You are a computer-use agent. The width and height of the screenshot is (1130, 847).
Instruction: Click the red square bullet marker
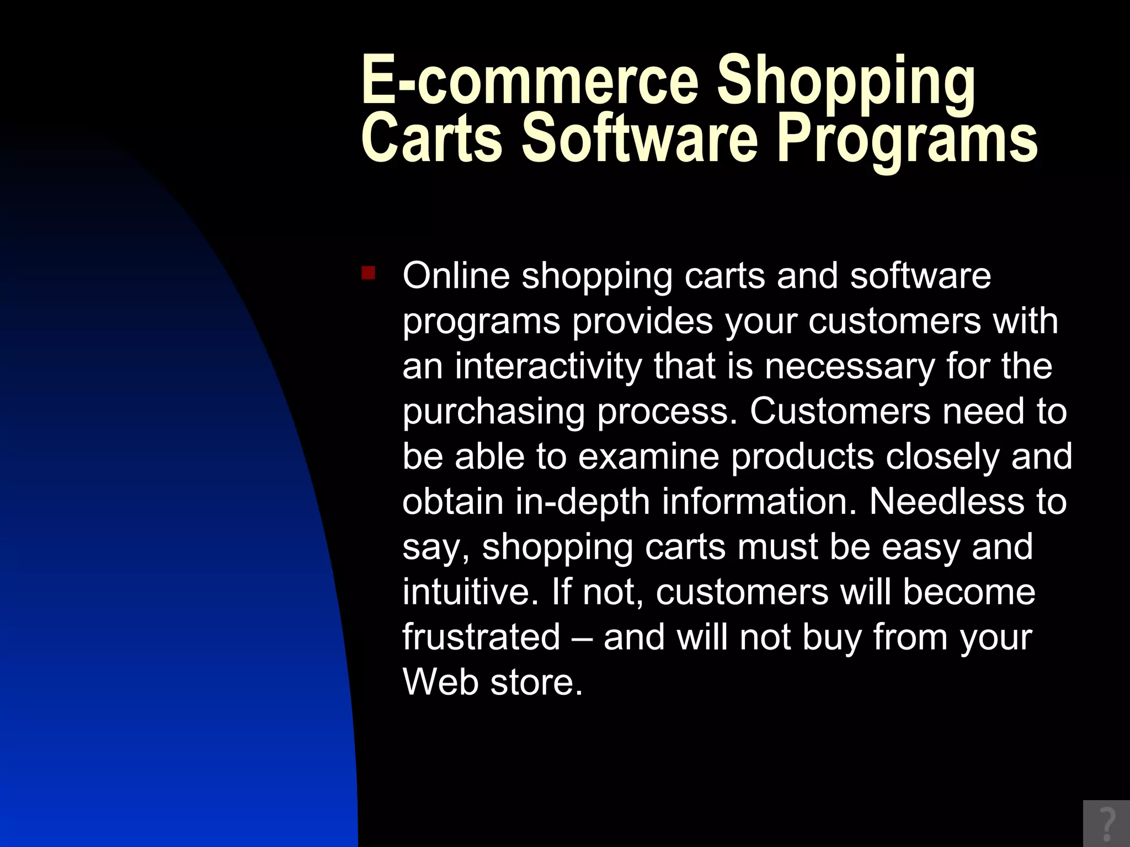click(368, 273)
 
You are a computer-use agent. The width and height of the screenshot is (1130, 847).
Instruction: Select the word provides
click(642, 321)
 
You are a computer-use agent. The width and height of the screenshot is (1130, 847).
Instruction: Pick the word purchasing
click(493, 413)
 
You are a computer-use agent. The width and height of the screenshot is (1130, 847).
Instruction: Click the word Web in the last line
click(440, 683)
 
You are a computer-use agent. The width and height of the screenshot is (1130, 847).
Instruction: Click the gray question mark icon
click(1106, 824)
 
